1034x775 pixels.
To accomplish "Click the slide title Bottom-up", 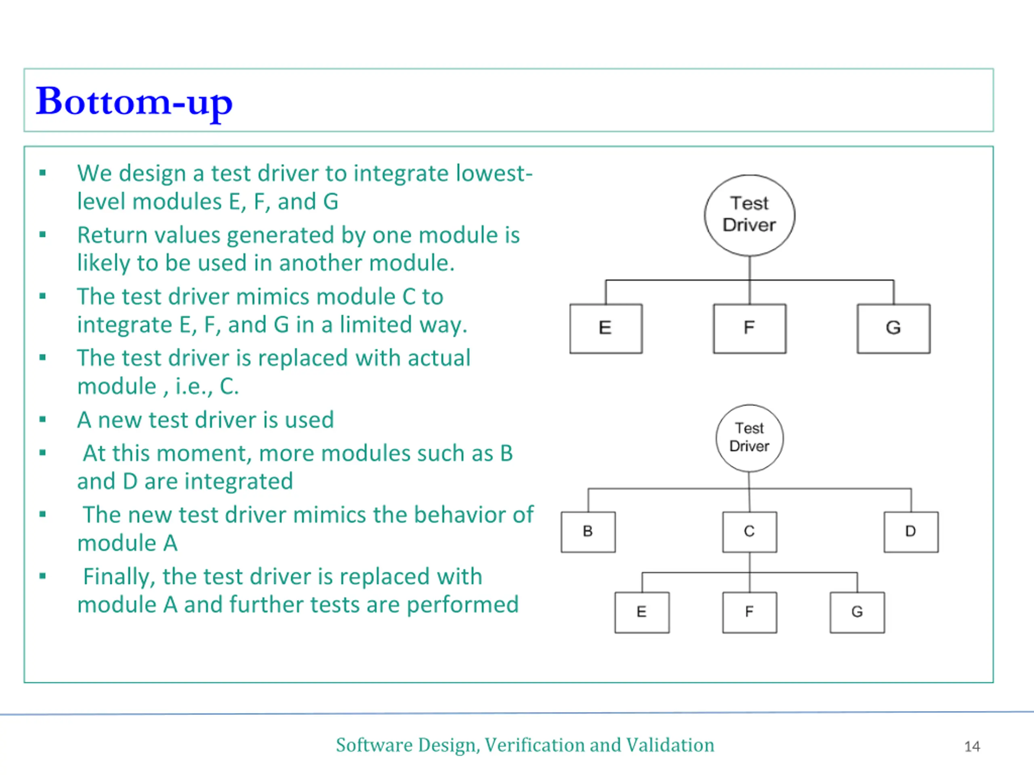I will tap(134, 102).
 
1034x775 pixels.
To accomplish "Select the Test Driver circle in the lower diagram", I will tap(749, 438).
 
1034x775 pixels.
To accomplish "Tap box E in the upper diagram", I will tap(606, 329).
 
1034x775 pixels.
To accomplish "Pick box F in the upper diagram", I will tap(749, 329).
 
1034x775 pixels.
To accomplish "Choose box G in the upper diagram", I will tap(893, 329).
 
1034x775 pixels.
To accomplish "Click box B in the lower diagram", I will tap(588, 532).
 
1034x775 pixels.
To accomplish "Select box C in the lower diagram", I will tap(749, 532).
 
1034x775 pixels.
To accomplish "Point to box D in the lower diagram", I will tap(910, 532).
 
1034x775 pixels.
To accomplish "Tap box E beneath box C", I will tap(642, 612).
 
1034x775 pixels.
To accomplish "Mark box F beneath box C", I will tap(749, 612).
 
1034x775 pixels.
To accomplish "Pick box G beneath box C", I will tap(857, 612).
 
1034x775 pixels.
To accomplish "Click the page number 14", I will tap(972, 746).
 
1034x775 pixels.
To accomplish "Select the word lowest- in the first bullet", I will tap(494, 173).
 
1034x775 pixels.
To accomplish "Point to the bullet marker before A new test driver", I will tap(42, 419).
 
